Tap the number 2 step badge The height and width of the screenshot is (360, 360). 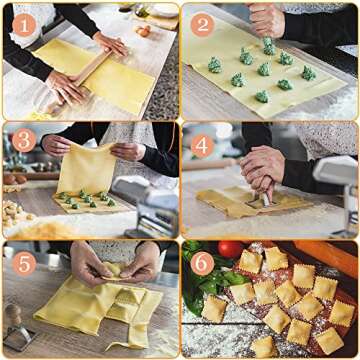coord(201,25)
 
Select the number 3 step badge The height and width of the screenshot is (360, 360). coord(21,140)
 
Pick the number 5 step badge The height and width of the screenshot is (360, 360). coord(21,262)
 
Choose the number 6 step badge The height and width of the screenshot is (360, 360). coord(201,262)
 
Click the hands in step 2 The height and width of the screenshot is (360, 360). coord(268,20)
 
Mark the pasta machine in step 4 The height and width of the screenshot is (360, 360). coord(335,185)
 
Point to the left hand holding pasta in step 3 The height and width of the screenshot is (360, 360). coord(56,145)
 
